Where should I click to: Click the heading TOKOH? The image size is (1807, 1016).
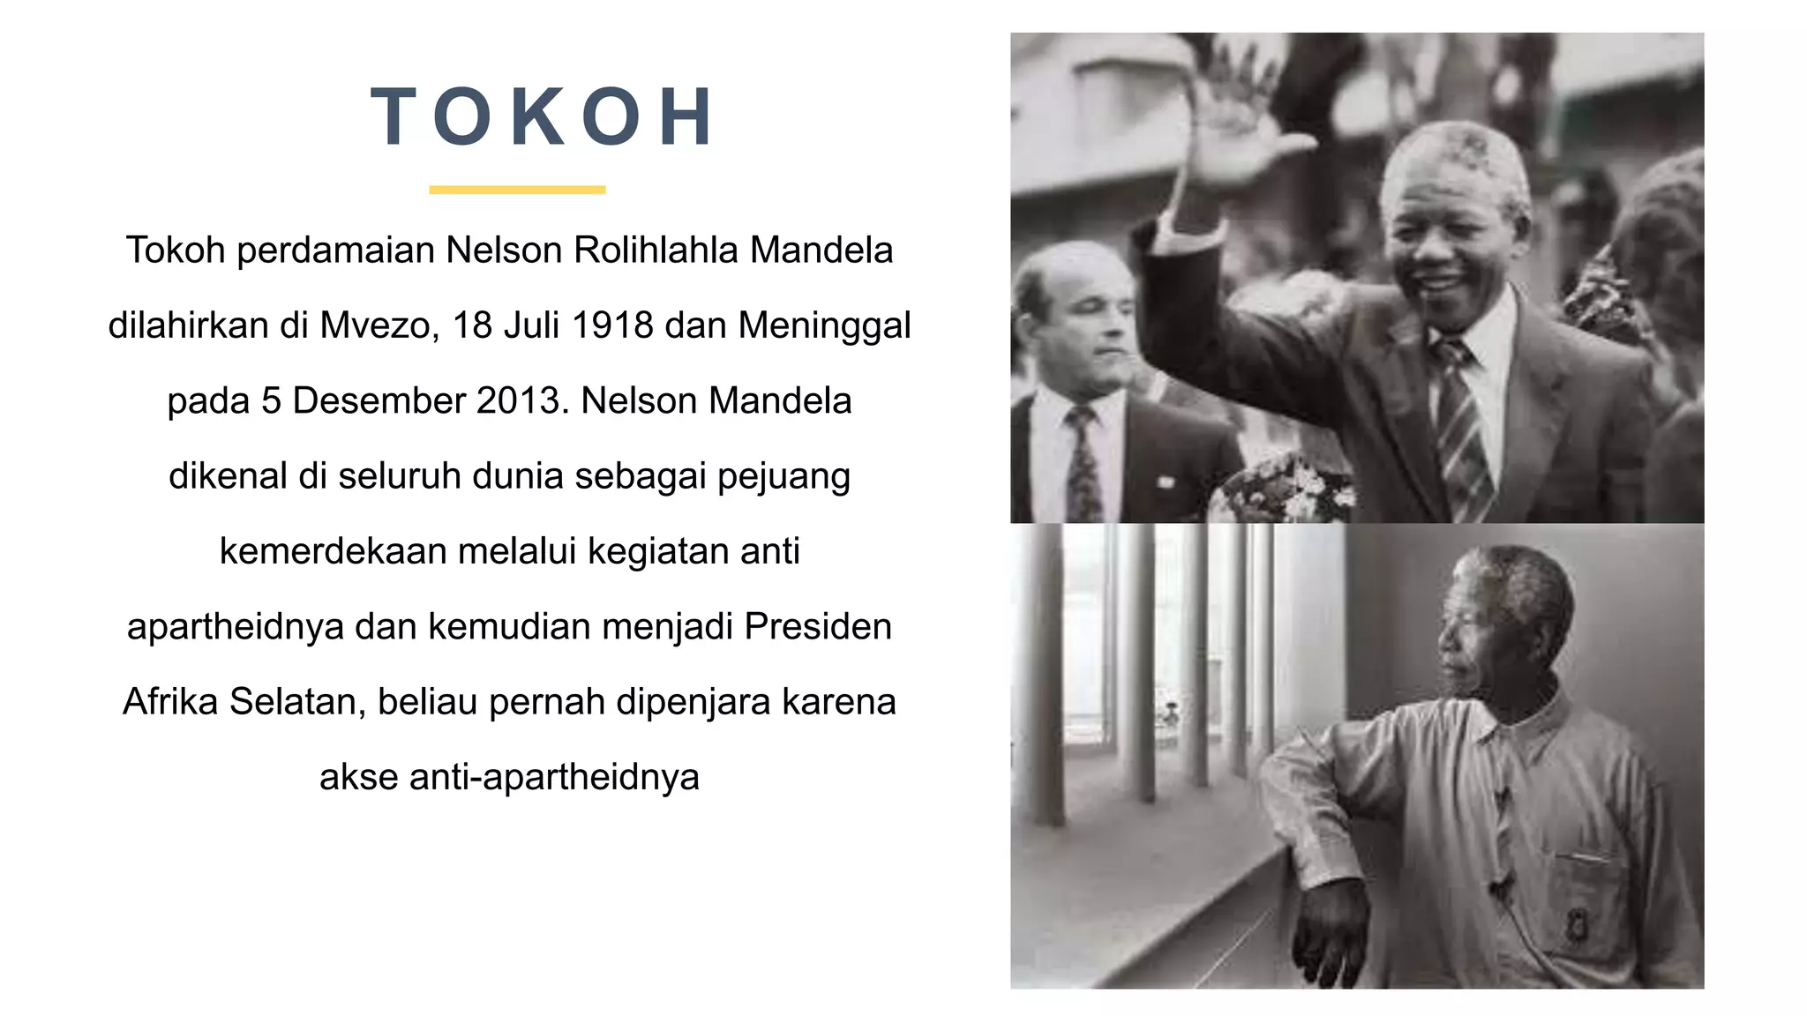[543, 117]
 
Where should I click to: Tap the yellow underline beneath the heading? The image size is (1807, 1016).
[517, 190]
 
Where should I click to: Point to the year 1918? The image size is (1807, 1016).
[612, 325]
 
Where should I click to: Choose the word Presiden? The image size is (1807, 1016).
[818, 627]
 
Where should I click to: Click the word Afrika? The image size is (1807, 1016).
[170, 702]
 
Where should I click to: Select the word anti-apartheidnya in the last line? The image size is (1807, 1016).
[554, 777]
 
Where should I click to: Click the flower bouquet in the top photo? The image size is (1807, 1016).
[1288, 489]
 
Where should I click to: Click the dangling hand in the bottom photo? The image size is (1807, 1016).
[1332, 935]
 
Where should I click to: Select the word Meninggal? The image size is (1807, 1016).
[824, 325]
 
